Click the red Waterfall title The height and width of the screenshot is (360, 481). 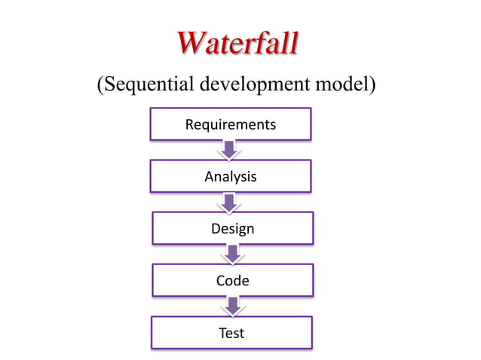tap(238, 44)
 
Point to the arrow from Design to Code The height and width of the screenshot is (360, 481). tap(232, 254)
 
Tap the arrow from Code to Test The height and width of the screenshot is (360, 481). tap(232, 305)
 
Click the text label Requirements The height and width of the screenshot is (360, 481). tap(231, 124)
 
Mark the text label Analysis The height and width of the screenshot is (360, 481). tap(231, 177)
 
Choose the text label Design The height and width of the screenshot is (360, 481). tap(232, 228)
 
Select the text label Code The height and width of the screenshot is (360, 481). tap(232, 281)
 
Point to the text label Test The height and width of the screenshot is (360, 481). tap(231, 332)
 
